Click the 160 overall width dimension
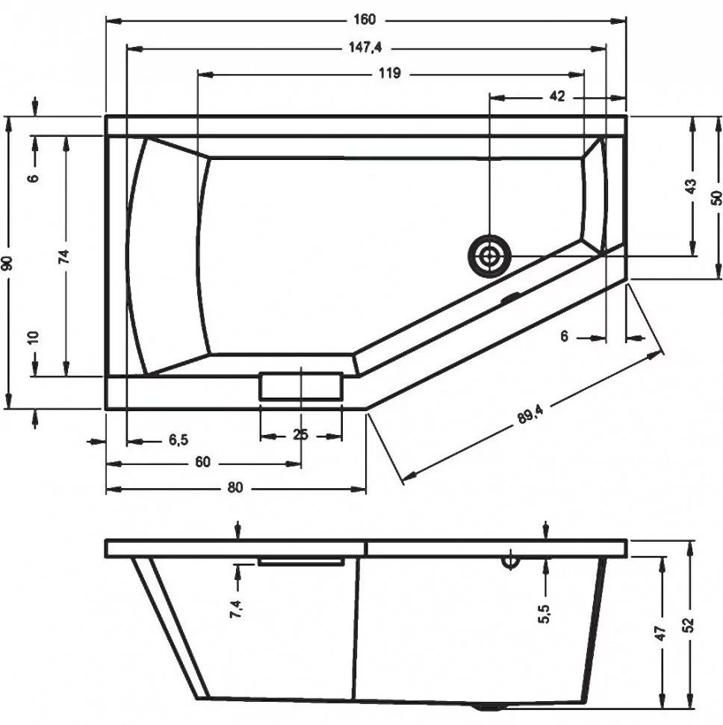[365, 19]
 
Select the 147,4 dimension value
[365, 47]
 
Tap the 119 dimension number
[389, 73]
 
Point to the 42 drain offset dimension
[557, 96]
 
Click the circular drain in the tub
[489, 256]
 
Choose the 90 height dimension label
[7, 263]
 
